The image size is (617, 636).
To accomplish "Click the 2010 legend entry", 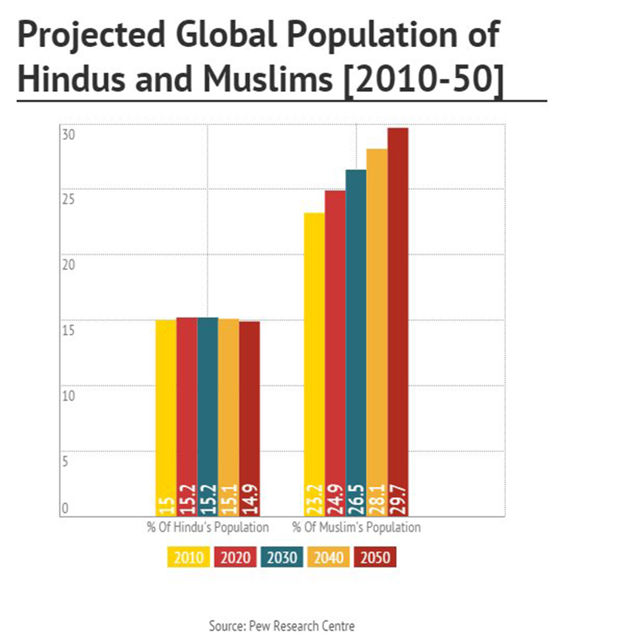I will coord(187,556).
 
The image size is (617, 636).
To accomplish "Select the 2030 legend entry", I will coord(282,556).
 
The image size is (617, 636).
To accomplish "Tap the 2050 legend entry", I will coord(377,556).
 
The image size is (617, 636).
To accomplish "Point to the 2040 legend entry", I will coord(330,556).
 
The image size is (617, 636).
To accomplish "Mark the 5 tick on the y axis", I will coord(66,462).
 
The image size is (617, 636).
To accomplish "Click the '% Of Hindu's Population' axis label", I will coord(207,528).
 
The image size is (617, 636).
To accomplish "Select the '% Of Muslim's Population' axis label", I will coord(356,528).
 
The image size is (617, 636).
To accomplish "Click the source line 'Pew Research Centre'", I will coord(282,624).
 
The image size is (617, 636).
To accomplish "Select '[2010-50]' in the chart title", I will coord(423,80).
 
